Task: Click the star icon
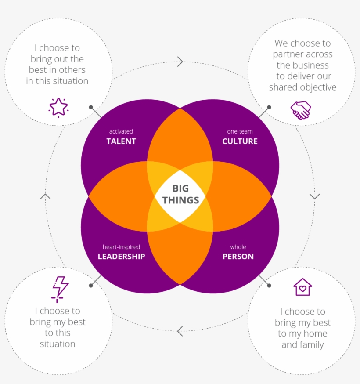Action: (x=58, y=107)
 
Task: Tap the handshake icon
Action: (x=301, y=110)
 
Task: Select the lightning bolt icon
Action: (x=60, y=289)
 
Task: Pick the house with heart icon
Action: (x=302, y=287)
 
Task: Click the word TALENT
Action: (x=121, y=141)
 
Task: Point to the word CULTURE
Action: (x=240, y=141)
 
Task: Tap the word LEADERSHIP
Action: (x=121, y=257)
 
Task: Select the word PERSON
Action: (x=238, y=257)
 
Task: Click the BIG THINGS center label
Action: (x=180, y=194)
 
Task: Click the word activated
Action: (x=121, y=131)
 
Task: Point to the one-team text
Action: (x=240, y=131)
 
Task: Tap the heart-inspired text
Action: (x=121, y=247)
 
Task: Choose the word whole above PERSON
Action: (x=238, y=247)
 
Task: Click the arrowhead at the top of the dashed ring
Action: (x=180, y=62)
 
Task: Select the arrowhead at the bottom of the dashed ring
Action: (x=180, y=331)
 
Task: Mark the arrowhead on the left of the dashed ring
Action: (x=45, y=196)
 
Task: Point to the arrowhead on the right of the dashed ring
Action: (x=314, y=196)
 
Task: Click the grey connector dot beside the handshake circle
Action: (x=269, y=107)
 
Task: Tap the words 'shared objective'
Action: (x=302, y=87)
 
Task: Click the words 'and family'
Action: (x=302, y=344)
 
